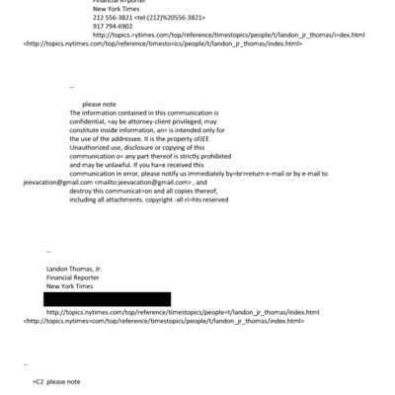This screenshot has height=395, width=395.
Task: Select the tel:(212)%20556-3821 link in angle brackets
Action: coord(157,18)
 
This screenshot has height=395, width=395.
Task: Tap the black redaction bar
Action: coord(107,298)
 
